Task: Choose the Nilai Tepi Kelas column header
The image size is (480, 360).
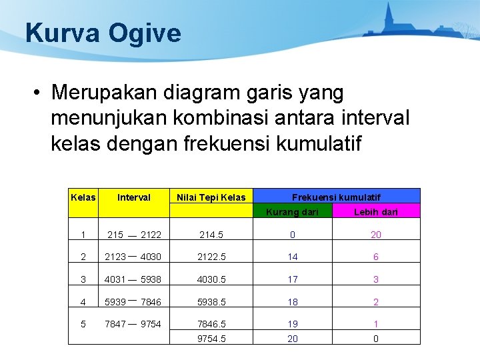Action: [x=211, y=197]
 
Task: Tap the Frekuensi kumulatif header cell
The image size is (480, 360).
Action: [x=337, y=197]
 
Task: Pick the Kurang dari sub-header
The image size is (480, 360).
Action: [x=293, y=212]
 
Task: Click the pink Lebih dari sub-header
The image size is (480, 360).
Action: [x=376, y=212]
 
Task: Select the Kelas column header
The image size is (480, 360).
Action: [x=83, y=197]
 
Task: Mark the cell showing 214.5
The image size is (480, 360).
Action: [x=211, y=235]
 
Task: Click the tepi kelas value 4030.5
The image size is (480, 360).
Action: [x=211, y=279]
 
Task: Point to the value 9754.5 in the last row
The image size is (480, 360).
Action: [x=211, y=339]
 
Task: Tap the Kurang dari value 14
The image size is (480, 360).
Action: [x=293, y=257]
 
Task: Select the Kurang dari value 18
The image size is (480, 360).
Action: [x=293, y=302]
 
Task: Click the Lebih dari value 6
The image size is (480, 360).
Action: [x=376, y=257]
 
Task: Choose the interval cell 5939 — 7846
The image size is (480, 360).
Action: [x=133, y=302]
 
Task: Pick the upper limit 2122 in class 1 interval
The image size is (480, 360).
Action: [x=151, y=235]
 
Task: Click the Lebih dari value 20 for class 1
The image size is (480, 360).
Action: [x=376, y=235]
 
